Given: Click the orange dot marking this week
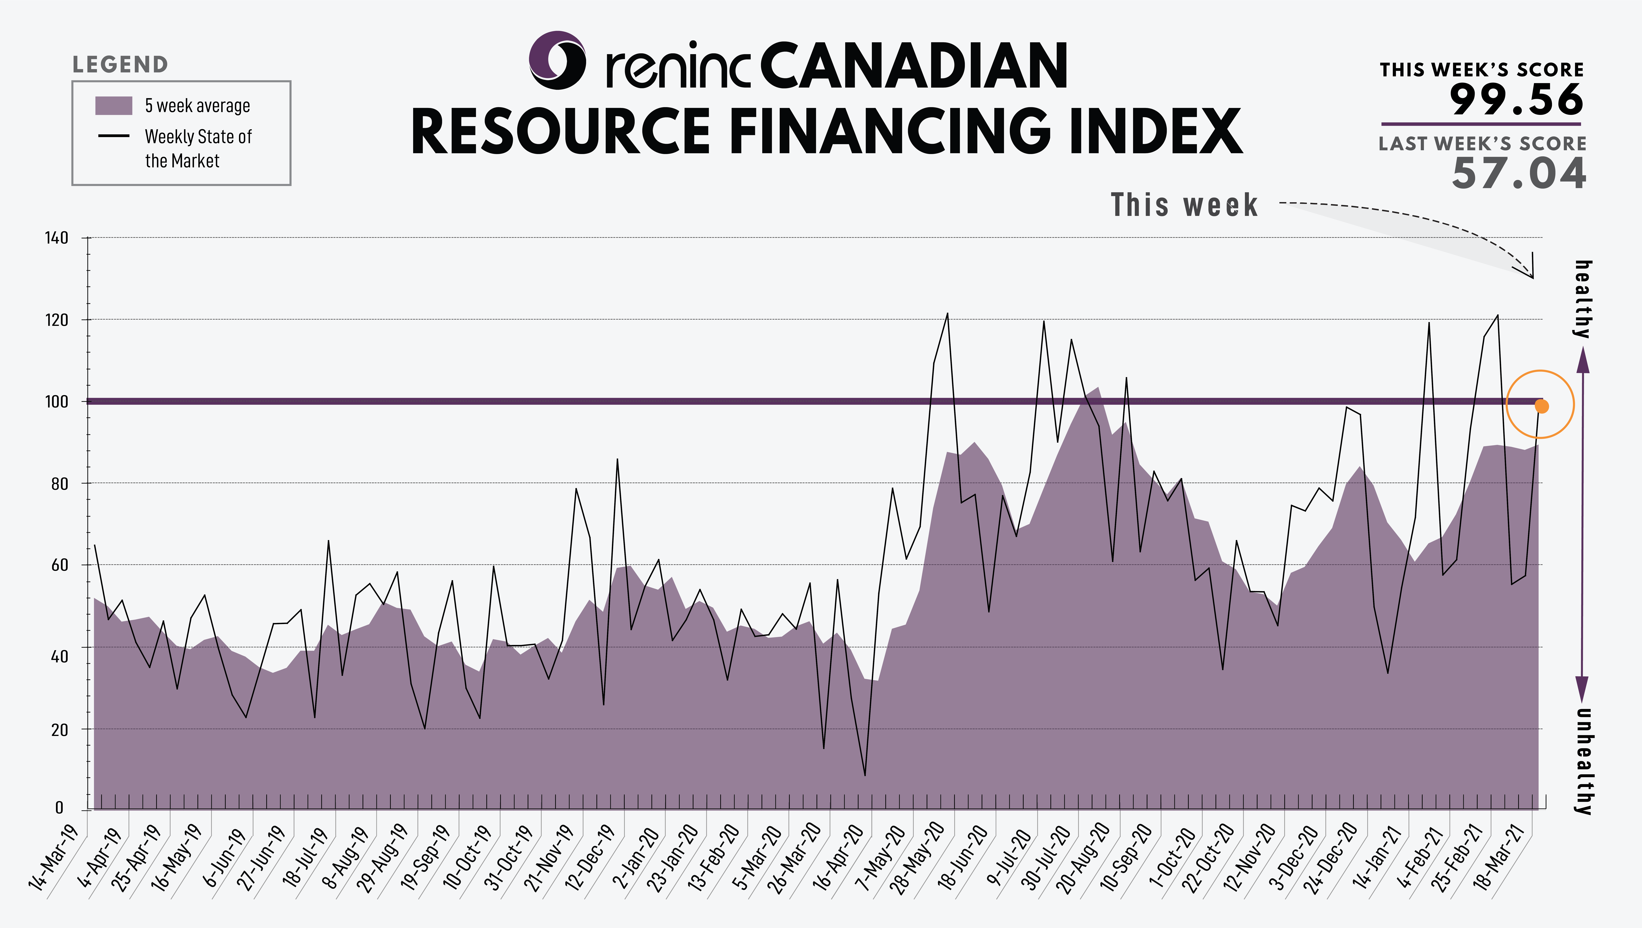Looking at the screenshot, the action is point(1541,406).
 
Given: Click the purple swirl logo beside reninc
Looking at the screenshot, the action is point(557,60).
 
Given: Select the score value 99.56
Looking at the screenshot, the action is point(1516,99).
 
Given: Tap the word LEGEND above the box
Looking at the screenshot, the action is point(120,64).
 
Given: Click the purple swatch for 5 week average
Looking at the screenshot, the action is point(113,106).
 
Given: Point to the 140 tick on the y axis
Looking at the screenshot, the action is point(56,238).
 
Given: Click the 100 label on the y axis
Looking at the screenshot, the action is point(56,402).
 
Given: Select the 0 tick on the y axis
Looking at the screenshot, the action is point(59,808).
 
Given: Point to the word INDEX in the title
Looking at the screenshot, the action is point(1156,131).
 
